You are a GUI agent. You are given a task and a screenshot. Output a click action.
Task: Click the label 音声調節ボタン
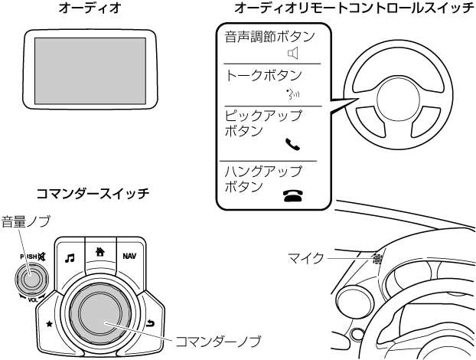[x=269, y=36]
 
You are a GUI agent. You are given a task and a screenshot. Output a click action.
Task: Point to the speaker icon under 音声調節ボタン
[x=290, y=53]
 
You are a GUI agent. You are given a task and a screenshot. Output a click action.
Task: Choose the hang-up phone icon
[x=292, y=195]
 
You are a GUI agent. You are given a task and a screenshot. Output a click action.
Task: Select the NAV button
[x=129, y=255]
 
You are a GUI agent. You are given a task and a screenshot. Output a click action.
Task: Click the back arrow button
[x=149, y=326]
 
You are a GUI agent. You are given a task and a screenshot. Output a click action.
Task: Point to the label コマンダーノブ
[x=218, y=340]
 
